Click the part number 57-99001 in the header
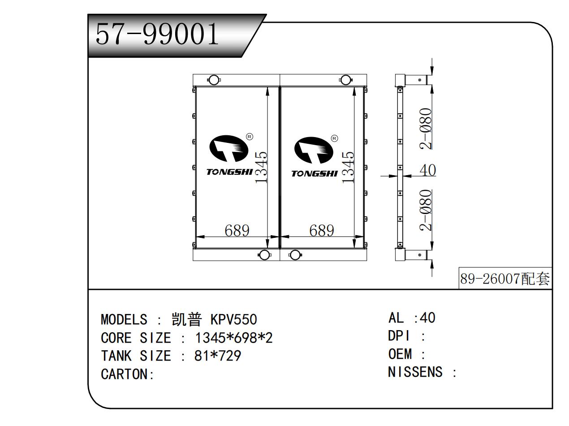point(158,35)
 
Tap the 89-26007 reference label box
point(505,280)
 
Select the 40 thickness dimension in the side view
point(427,171)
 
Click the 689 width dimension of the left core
point(237,231)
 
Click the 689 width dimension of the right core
point(322,231)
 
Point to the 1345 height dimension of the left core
point(261,167)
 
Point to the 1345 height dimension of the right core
point(348,167)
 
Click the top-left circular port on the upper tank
point(214,80)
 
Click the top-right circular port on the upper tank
point(345,80)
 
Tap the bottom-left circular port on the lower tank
point(264,255)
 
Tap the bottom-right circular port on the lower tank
point(295,255)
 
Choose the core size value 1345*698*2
point(233,338)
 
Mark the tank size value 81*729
point(217,356)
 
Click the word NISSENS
point(415,372)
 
